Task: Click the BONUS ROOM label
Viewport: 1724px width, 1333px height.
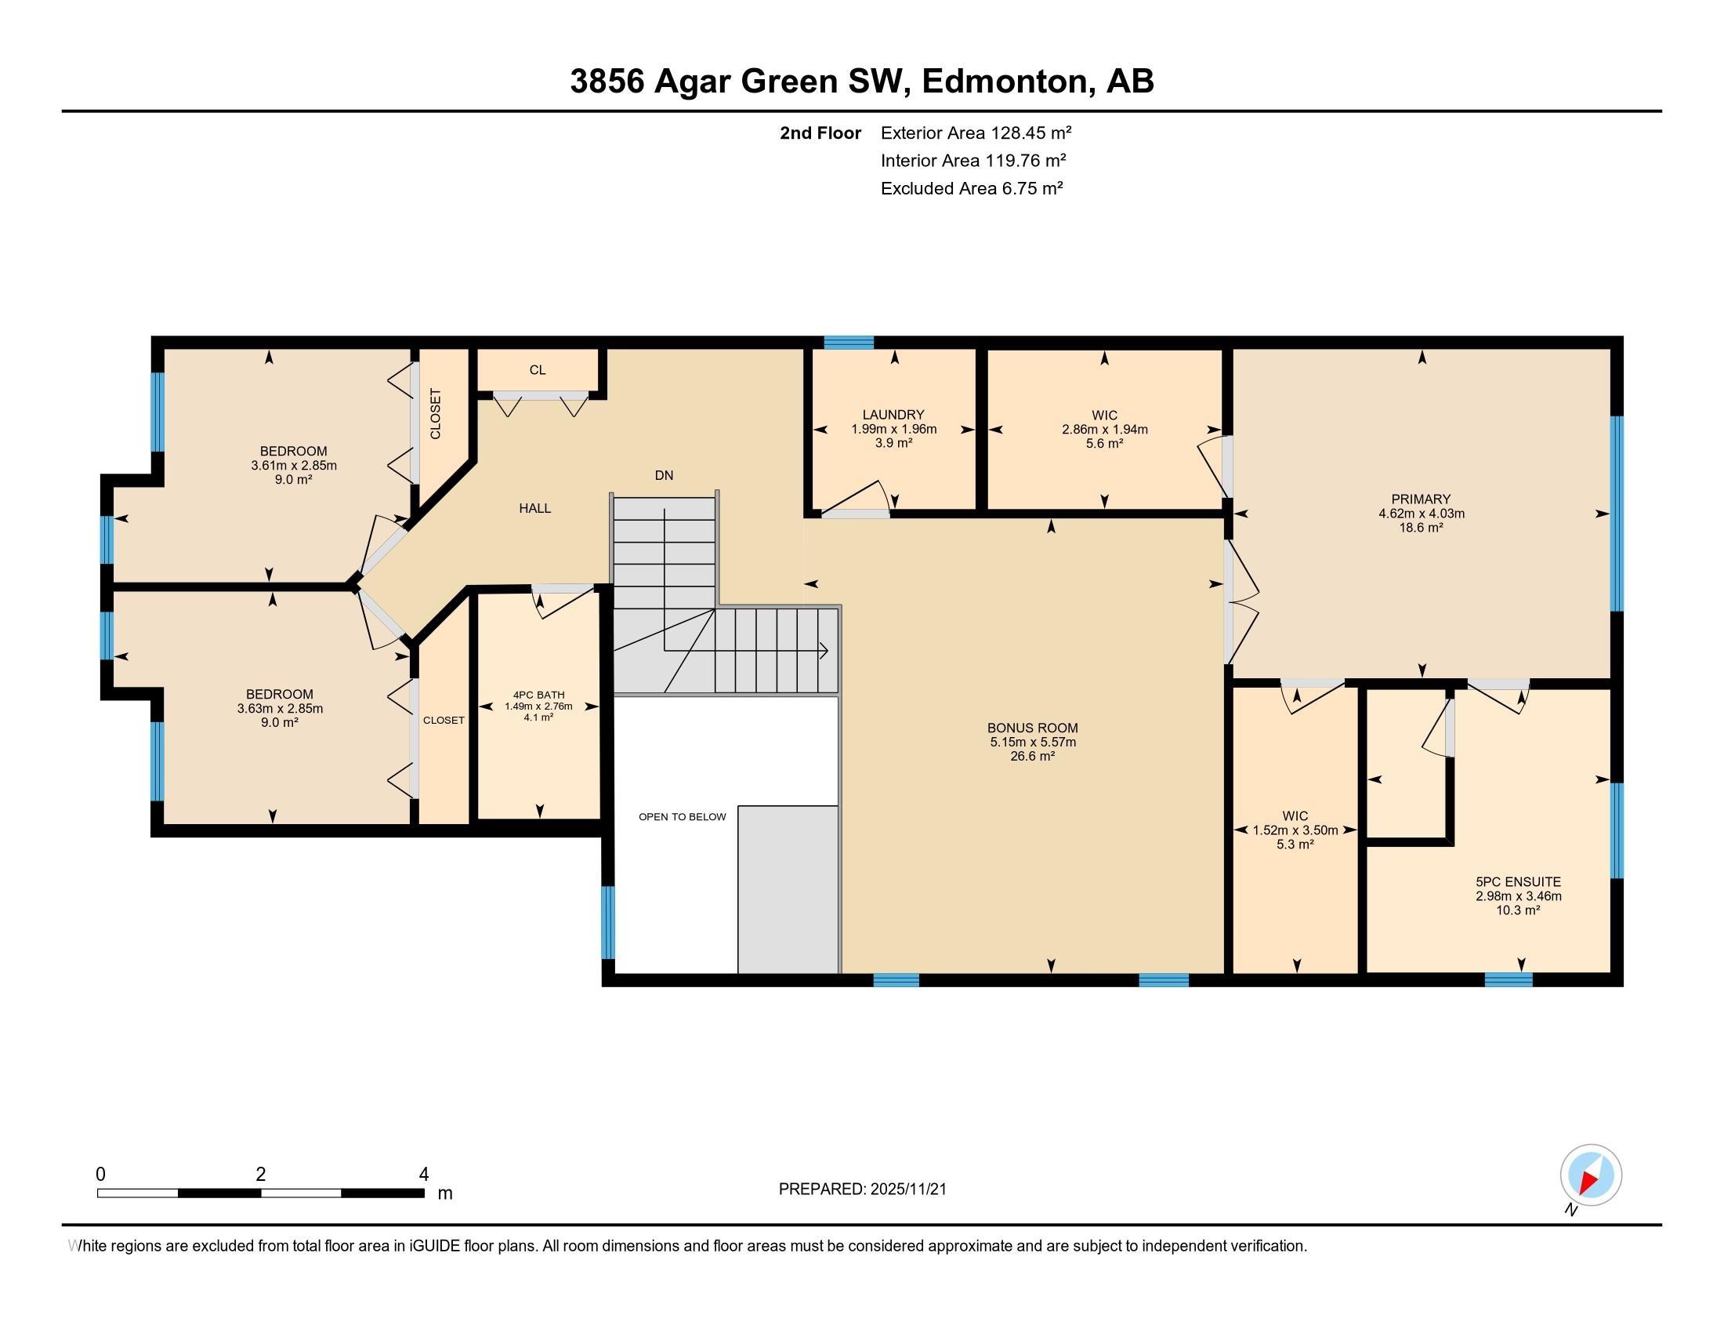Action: pyautogui.click(x=1032, y=728)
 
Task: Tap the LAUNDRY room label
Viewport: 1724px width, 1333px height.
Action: pyautogui.click(x=893, y=415)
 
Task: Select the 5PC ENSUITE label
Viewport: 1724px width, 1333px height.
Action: pyautogui.click(x=1518, y=882)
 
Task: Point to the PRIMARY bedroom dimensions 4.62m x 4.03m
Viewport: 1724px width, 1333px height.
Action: pyautogui.click(x=1421, y=514)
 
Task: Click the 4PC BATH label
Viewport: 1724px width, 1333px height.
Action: pyautogui.click(x=538, y=695)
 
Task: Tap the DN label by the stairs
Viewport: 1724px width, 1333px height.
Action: pyautogui.click(x=664, y=475)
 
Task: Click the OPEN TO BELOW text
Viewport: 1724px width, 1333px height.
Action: pyautogui.click(x=682, y=816)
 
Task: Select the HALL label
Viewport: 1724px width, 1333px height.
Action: pyautogui.click(x=534, y=509)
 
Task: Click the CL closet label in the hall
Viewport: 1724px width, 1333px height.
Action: pyautogui.click(x=538, y=370)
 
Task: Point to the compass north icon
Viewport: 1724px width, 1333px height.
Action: pyautogui.click(x=1590, y=1175)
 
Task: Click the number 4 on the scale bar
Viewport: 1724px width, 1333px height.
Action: pyautogui.click(x=423, y=1175)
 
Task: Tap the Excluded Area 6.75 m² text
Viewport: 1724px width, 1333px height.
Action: pyautogui.click(x=972, y=189)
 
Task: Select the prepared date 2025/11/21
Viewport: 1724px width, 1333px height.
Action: pyautogui.click(x=907, y=1190)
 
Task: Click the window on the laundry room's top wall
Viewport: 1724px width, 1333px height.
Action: pyautogui.click(x=849, y=343)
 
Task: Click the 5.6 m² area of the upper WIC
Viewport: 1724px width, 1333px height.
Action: pyautogui.click(x=1104, y=444)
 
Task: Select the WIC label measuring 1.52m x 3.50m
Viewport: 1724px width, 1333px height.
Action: pyautogui.click(x=1295, y=815)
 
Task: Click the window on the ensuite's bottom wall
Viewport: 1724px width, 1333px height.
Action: pyautogui.click(x=1508, y=980)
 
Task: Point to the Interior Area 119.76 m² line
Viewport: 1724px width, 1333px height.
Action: pyautogui.click(x=972, y=161)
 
